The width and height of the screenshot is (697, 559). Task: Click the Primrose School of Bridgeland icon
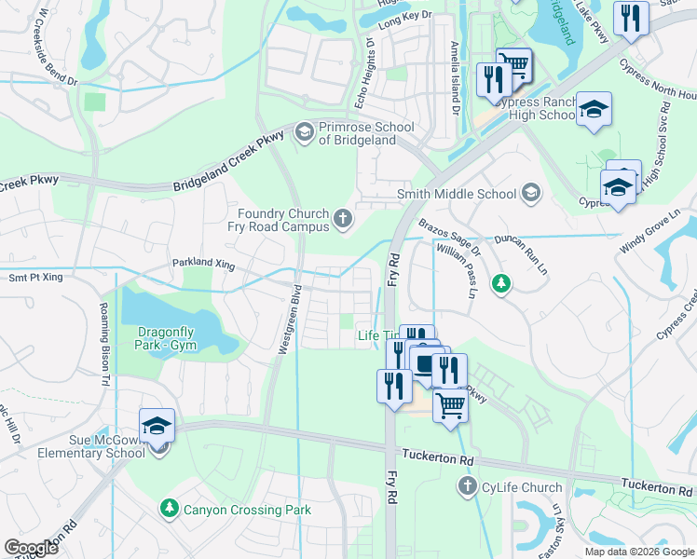304,133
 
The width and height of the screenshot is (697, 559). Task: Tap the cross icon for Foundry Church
343,219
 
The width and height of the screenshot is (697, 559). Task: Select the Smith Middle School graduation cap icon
531,194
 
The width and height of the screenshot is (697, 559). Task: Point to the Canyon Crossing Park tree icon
170,509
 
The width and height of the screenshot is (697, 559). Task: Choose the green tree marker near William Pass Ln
501,282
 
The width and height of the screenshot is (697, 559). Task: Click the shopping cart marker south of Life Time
450,405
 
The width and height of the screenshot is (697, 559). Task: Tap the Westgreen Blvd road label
291,318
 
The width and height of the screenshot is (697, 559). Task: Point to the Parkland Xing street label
203,265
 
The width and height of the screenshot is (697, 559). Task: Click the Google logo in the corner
31,548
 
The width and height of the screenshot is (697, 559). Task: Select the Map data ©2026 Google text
639,552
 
